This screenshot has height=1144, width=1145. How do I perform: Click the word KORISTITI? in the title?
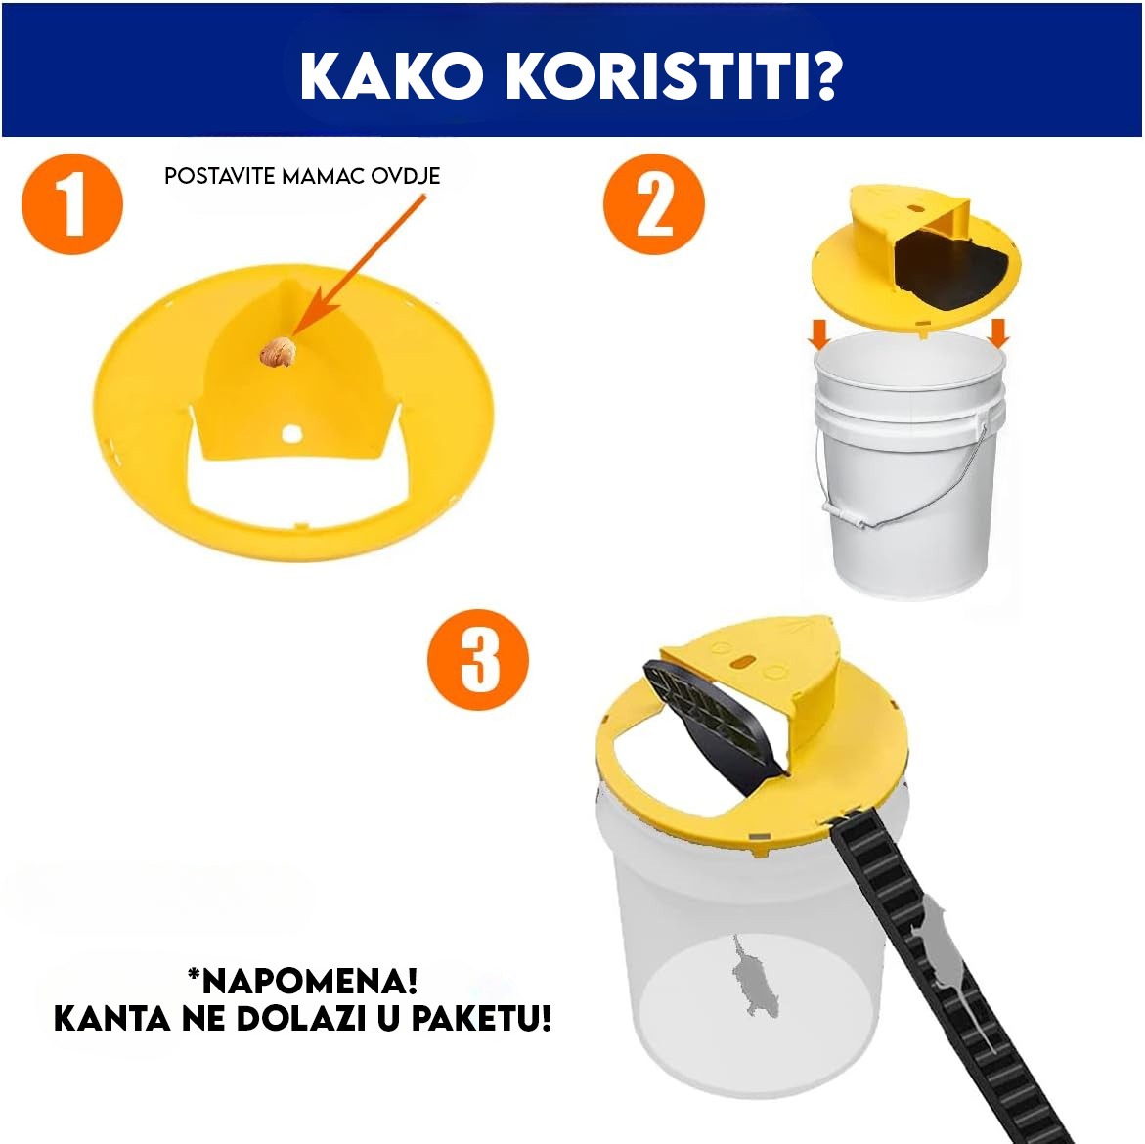coord(675,76)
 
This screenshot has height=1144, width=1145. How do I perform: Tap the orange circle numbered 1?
coord(72,204)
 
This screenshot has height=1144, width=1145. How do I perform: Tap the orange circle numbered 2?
coord(653,204)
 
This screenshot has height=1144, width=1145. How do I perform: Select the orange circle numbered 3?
coord(477,659)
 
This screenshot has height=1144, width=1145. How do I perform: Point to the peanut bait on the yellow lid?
coord(278,353)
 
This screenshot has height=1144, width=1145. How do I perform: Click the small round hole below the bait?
coord(291,434)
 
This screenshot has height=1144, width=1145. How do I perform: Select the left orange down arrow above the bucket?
coord(819,334)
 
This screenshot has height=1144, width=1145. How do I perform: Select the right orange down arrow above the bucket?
coord(998,332)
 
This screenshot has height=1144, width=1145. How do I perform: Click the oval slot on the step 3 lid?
coord(744,661)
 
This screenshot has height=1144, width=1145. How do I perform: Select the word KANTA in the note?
coord(112,1019)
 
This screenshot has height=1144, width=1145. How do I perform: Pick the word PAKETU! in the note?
coord(481,1019)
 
